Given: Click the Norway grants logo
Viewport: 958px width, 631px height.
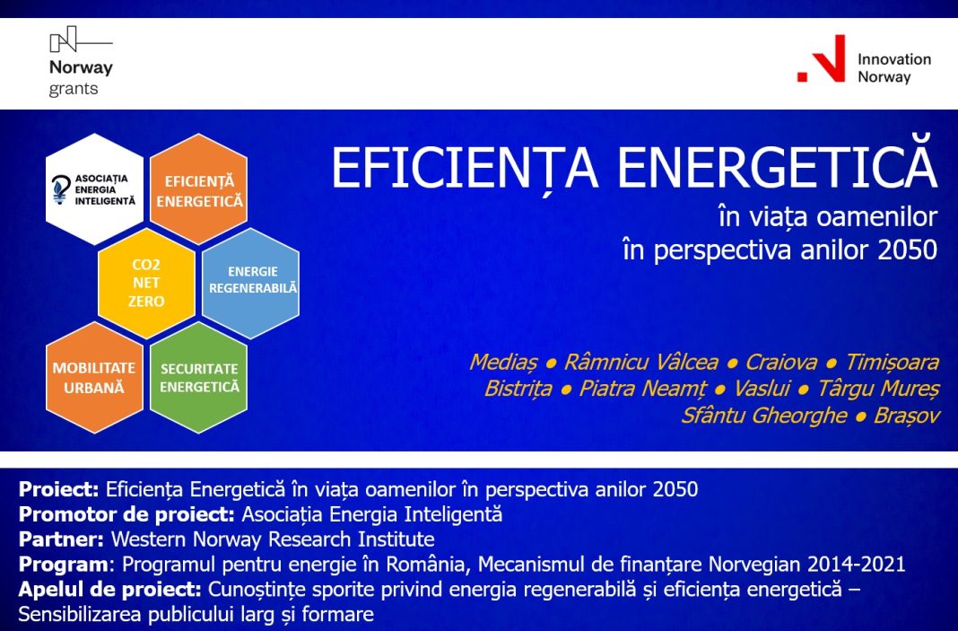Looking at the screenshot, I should pyautogui.click(x=80, y=61).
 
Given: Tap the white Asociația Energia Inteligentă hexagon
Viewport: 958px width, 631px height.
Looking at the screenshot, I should pyautogui.click(x=94, y=189).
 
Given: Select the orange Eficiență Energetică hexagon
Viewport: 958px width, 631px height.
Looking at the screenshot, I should pyautogui.click(x=199, y=189).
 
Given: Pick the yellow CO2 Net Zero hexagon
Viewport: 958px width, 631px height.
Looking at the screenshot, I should pyautogui.click(x=146, y=283).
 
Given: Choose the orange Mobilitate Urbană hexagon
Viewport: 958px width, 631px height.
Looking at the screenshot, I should pyautogui.click(x=94, y=378).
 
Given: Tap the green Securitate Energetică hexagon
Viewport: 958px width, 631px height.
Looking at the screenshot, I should pyautogui.click(x=199, y=378).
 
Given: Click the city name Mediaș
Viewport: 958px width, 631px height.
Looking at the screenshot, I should pyautogui.click(x=503, y=362).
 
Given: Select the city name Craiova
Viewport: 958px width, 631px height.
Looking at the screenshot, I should pyautogui.click(x=781, y=362).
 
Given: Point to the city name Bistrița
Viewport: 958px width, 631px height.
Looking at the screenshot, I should pyautogui.click(x=518, y=389).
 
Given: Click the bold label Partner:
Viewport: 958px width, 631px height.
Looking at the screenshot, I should pyautogui.click(x=62, y=539).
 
